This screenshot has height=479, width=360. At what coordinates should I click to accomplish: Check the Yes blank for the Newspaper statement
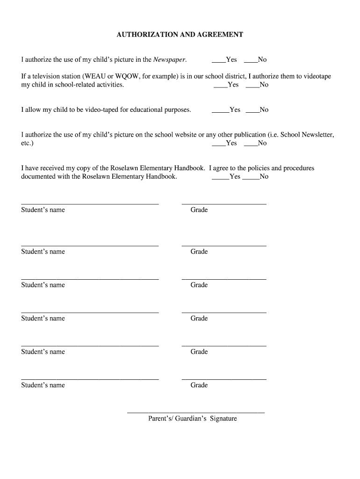point(218,60)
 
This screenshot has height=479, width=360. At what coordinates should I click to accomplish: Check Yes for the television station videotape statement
point(220,86)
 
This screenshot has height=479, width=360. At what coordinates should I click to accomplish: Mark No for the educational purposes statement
point(252,110)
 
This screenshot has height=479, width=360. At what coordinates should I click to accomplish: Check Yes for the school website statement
point(218,144)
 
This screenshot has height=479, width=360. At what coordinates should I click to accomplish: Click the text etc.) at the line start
point(27,143)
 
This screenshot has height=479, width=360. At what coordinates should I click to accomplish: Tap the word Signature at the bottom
point(223,419)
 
